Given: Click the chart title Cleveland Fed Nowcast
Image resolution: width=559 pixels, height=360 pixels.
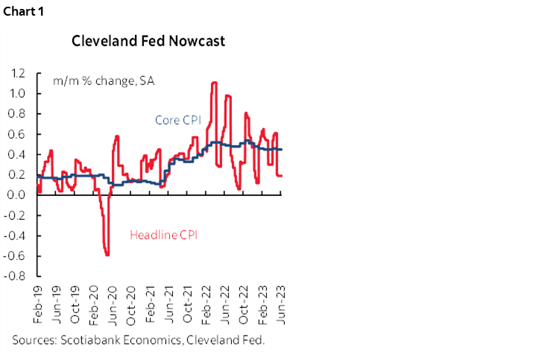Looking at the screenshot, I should (x=148, y=41).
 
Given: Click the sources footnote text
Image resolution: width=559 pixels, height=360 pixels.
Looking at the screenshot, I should (x=149, y=340).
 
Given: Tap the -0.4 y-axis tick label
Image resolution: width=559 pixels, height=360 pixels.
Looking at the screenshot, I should (x=15, y=236).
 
